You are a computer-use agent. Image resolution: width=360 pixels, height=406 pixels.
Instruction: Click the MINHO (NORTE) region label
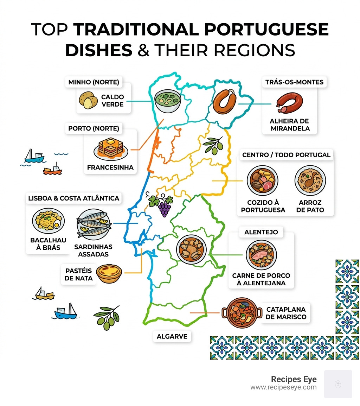click(93, 83)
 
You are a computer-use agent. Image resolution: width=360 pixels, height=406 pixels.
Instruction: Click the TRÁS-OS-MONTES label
click(294, 83)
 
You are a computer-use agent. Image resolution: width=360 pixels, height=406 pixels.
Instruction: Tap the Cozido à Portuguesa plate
click(262, 182)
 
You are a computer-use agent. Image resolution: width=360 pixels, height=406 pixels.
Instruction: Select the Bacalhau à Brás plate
click(48, 222)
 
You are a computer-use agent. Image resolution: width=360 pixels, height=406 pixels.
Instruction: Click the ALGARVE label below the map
click(172, 336)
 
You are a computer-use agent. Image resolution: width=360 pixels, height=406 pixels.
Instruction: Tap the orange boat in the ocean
click(53, 170)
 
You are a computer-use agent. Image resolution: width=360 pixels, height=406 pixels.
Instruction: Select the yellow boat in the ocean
click(45, 293)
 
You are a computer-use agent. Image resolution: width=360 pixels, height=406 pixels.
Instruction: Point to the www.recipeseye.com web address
click(283, 387)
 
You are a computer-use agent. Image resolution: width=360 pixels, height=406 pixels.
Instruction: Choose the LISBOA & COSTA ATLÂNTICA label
click(73, 198)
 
